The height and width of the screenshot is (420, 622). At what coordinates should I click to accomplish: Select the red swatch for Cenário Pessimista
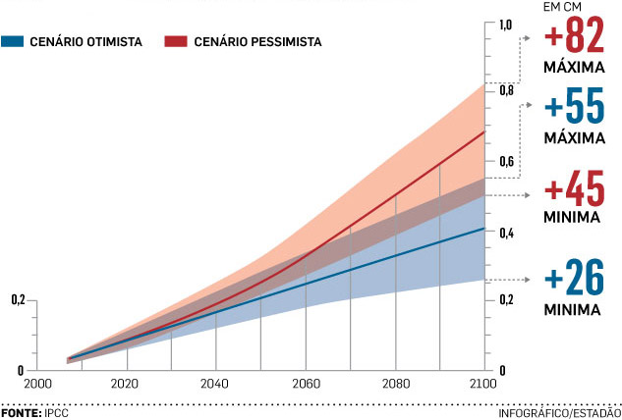tap(176, 41)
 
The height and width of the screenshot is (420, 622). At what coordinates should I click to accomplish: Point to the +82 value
tap(576, 39)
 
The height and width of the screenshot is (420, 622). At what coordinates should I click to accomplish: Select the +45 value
tap(576, 188)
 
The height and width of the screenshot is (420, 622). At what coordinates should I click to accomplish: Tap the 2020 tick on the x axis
tap(127, 386)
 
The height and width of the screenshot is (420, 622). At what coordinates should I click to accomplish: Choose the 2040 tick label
tap(216, 386)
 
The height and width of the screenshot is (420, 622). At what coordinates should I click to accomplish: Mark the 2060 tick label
tap(306, 386)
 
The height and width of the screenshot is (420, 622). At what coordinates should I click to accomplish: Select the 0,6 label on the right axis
tap(506, 162)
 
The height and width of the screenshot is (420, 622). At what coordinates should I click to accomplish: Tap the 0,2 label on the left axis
tap(18, 299)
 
